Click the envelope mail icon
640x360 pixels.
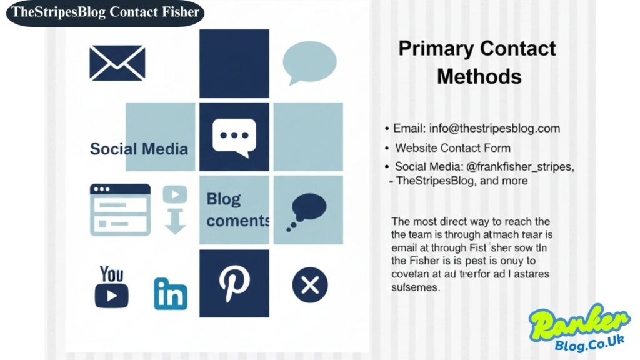117,63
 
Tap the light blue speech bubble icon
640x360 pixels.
309,62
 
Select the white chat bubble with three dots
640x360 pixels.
234,136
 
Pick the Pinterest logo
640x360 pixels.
234,283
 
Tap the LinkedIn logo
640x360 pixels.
171,293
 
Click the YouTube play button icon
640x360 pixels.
112,295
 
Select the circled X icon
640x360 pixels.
309,285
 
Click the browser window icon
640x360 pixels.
120,209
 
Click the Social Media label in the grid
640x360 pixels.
139,149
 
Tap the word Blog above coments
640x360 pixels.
223,199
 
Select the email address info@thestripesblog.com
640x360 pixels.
494,128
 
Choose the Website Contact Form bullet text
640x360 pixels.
452,148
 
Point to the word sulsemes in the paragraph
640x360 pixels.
416,288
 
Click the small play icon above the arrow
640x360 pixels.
175,194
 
